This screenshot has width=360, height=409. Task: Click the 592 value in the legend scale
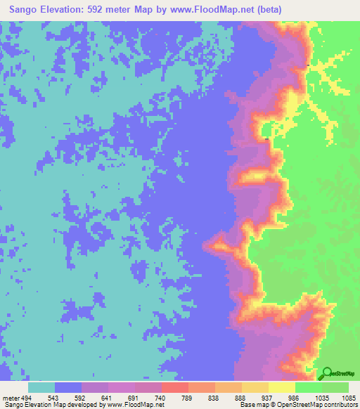tap(95, 397)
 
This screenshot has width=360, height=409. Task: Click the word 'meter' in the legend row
tap(13, 397)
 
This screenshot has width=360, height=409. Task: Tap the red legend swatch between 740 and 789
tap(175, 387)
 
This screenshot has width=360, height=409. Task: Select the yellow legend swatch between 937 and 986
tap(283, 387)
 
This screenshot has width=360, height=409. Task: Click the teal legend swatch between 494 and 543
tap(41, 387)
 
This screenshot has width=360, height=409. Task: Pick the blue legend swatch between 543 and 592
tap(68, 387)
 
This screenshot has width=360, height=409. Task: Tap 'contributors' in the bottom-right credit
tap(340, 405)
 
